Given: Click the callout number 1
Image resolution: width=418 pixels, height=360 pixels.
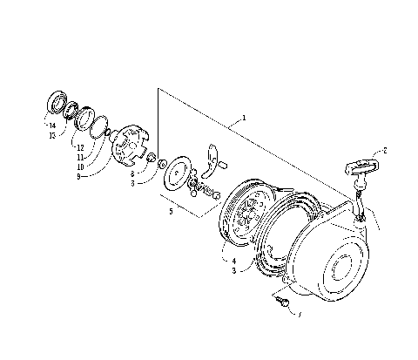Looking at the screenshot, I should (x=245, y=117).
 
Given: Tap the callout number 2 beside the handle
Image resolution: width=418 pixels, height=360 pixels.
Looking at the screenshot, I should (x=385, y=150).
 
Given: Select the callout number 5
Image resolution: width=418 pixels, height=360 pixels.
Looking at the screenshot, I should (x=172, y=210).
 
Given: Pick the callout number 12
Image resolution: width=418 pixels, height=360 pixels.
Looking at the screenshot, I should (x=79, y=148).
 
